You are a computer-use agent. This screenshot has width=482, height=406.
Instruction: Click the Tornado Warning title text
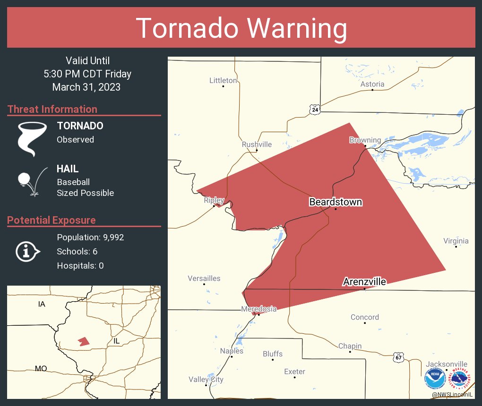(241, 28)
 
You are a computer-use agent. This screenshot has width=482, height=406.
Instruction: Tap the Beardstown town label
(336, 202)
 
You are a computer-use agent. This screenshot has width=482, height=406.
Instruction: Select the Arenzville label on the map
(364, 282)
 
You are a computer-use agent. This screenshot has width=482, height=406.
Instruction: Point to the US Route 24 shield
(315, 110)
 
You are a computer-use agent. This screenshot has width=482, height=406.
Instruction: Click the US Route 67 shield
(398, 357)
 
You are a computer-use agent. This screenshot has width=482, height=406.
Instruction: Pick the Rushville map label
(257, 144)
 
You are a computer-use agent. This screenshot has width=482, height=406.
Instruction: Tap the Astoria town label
(372, 84)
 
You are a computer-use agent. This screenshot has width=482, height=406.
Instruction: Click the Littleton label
(223, 81)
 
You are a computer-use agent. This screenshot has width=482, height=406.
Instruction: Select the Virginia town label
(456, 241)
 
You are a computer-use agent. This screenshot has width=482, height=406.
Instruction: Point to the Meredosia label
(258, 309)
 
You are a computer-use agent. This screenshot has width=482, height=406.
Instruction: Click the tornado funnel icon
(32, 138)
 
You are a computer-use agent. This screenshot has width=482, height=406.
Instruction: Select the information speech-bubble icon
(27, 252)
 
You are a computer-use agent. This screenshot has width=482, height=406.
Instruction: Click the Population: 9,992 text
(90, 237)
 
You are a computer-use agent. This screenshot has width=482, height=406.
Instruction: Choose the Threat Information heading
(52, 109)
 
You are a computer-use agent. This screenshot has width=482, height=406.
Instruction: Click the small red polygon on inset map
(84, 341)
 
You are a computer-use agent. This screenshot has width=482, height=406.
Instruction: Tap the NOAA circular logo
(435, 379)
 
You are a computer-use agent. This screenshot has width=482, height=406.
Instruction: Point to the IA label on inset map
(42, 304)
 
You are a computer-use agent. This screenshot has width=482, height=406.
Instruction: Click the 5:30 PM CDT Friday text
(87, 74)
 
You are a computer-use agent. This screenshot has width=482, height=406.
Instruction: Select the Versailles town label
(204, 279)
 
